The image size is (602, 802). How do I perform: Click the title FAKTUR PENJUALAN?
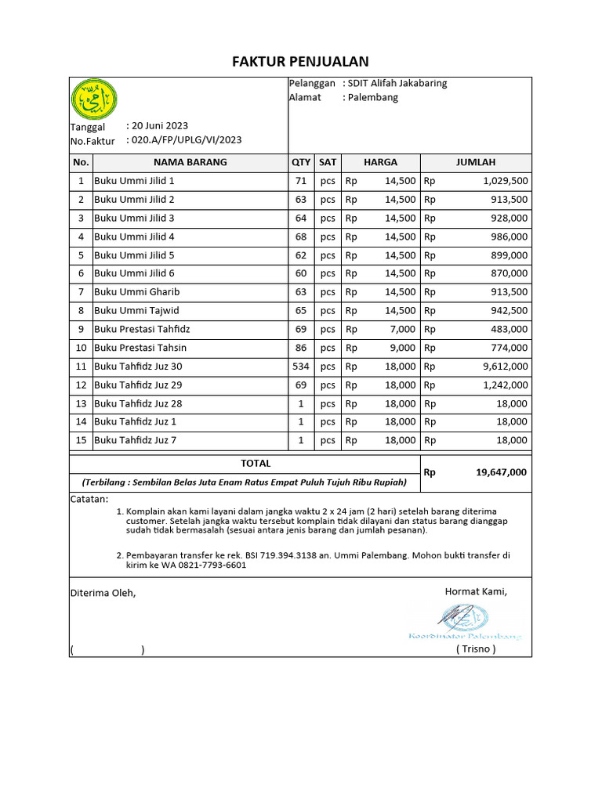[300, 62]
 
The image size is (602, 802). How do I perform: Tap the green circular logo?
[94, 99]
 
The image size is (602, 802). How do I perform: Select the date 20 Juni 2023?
[160, 125]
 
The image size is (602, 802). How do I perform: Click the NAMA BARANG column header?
[190, 162]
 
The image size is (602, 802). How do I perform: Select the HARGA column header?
[380, 162]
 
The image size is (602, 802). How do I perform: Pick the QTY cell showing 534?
[301, 366]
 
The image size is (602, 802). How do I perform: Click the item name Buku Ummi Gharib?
[137, 291]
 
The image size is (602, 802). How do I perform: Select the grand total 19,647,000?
[501, 472]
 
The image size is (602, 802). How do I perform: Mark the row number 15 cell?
[80, 440]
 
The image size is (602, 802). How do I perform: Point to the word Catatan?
[90, 499]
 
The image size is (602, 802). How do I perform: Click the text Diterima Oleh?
[103, 593]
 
